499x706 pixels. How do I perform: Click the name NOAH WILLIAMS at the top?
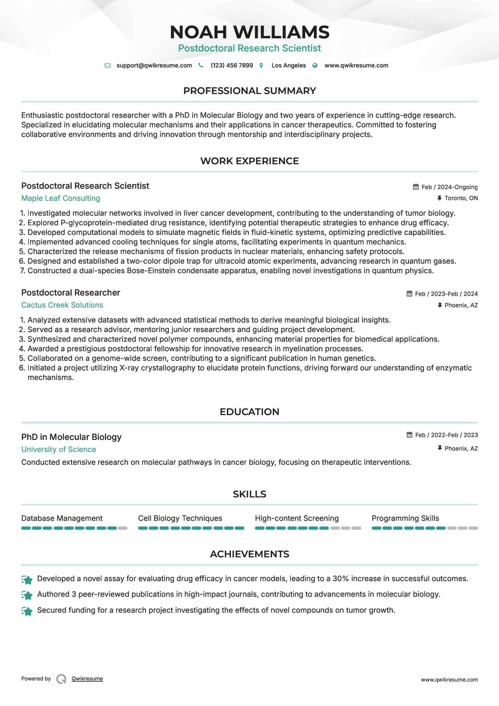pyautogui.click(x=249, y=32)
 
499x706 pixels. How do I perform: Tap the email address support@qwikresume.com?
pyautogui.click(x=154, y=65)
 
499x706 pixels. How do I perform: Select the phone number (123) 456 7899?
pyautogui.click(x=232, y=65)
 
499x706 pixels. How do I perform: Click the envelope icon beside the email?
pyautogui.click(x=107, y=65)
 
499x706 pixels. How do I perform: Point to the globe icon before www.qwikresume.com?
pyautogui.click(x=315, y=65)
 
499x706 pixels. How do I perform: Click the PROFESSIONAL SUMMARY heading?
pyautogui.click(x=249, y=91)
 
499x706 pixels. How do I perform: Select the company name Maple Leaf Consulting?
pyautogui.click(x=61, y=198)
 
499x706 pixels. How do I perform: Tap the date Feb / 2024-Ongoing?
pyautogui.click(x=449, y=187)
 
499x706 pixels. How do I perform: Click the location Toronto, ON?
pyautogui.click(x=461, y=198)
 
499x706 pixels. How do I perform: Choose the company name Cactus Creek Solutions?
pyautogui.click(x=62, y=305)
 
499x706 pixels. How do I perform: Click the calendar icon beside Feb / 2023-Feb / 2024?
pyautogui.click(x=409, y=294)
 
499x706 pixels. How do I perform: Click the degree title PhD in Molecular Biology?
pyautogui.click(x=71, y=437)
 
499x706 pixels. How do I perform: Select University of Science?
pyautogui.click(x=59, y=449)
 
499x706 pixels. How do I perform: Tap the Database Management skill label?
pyautogui.click(x=62, y=518)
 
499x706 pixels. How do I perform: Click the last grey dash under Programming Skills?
pyautogui.click(x=473, y=528)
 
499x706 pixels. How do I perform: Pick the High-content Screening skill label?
pyautogui.click(x=296, y=518)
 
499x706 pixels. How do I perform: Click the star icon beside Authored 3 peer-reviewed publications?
pyautogui.click(x=27, y=595)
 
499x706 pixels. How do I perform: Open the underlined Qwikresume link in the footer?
pyautogui.click(x=87, y=679)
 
